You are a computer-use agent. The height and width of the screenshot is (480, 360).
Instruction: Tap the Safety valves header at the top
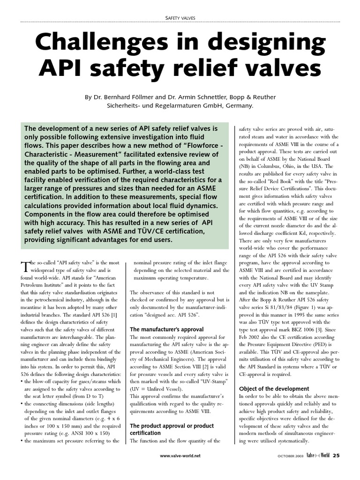point(180,18)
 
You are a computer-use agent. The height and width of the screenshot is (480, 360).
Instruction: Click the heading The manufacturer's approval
point(166,329)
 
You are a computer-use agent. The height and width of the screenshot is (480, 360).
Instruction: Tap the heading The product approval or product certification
point(172,429)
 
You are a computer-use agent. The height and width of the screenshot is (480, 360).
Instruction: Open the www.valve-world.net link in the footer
point(180,456)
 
